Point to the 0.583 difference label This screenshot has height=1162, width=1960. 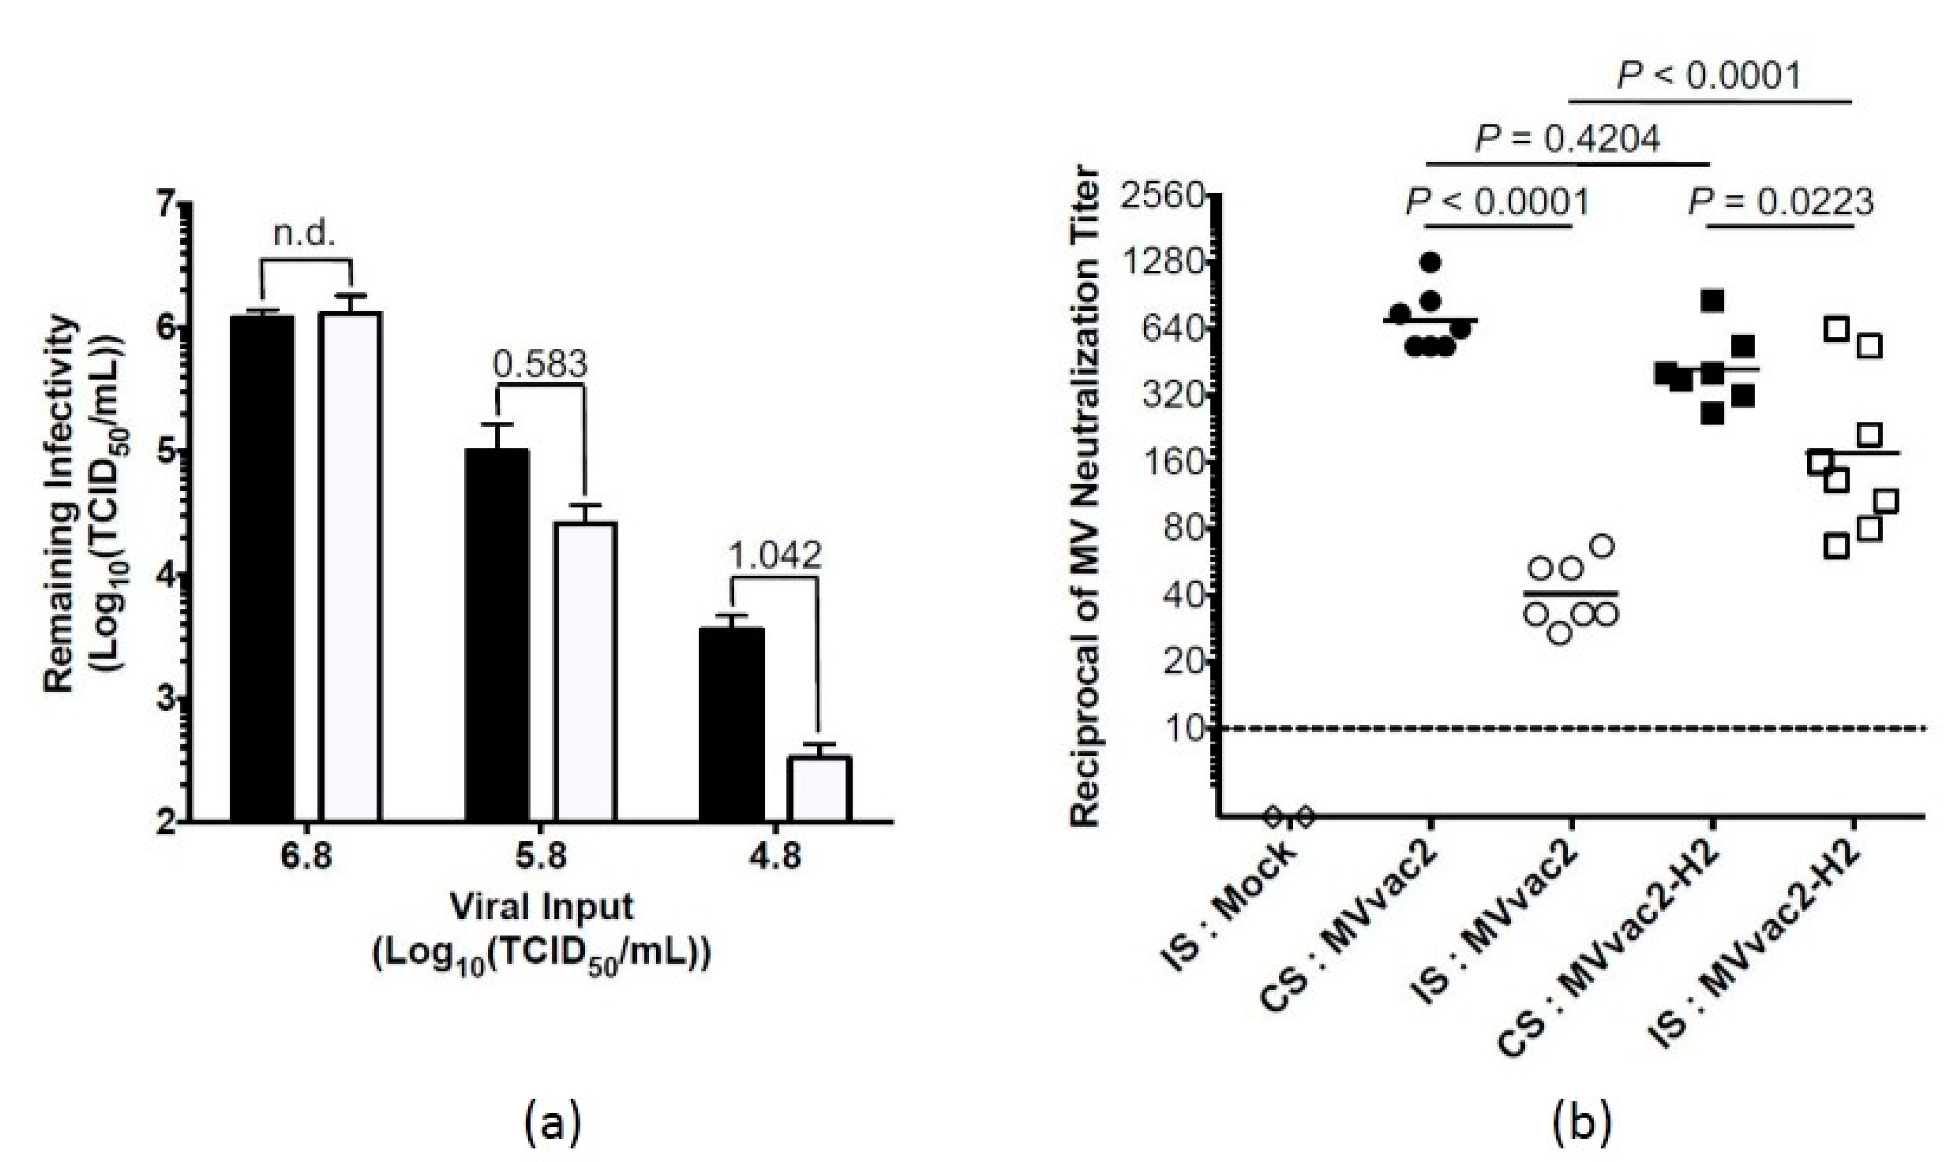click(540, 365)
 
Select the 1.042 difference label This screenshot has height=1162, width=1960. click(775, 556)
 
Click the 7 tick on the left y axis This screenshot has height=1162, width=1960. click(168, 204)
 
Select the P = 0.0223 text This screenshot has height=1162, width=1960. click(1780, 203)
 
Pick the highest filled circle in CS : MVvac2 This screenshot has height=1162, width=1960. click(1431, 262)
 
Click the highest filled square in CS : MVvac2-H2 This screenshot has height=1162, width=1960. click(1713, 300)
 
